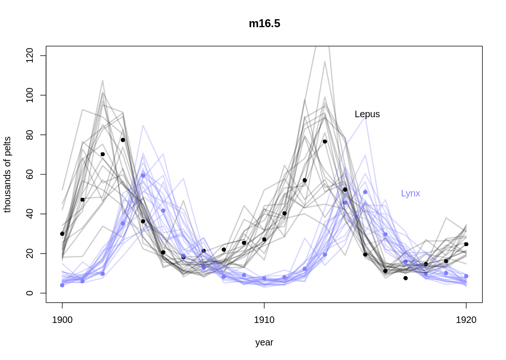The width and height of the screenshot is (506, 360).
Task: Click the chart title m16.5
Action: [x=264, y=24]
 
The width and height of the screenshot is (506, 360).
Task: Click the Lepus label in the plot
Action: [x=367, y=114]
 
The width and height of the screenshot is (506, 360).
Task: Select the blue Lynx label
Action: [x=410, y=193]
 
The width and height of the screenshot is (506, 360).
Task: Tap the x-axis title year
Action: [x=264, y=342]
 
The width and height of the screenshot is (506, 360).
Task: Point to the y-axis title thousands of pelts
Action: [x=7, y=174]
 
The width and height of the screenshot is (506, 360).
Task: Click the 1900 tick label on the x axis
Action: [x=62, y=320]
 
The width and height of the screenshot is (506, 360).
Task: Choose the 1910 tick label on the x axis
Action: [x=264, y=320]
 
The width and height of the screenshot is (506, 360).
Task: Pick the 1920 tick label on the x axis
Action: [x=466, y=320]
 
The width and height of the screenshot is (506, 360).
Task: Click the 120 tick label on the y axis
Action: [x=30, y=56]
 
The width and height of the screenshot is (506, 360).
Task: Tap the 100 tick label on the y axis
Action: [x=30, y=95]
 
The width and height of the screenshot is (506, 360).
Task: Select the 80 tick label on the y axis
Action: [x=30, y=135]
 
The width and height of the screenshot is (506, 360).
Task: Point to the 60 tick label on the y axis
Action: [x=30, y=174]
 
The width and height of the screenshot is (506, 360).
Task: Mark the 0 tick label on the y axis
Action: [x=30, y=293]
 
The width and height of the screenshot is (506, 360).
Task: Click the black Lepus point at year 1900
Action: [x=62, y=233]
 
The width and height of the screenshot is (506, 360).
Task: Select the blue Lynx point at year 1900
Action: [x=62, y=285]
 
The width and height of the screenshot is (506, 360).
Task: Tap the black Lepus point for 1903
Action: [x=123, y=140]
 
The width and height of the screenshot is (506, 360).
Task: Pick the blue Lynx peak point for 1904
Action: [x=143, y=175]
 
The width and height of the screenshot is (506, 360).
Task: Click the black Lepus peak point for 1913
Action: [x=325, y=141]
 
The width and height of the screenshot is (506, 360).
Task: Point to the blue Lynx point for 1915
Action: [x=365, y=192]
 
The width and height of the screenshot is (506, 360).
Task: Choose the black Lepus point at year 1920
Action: [x=466, y=244]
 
